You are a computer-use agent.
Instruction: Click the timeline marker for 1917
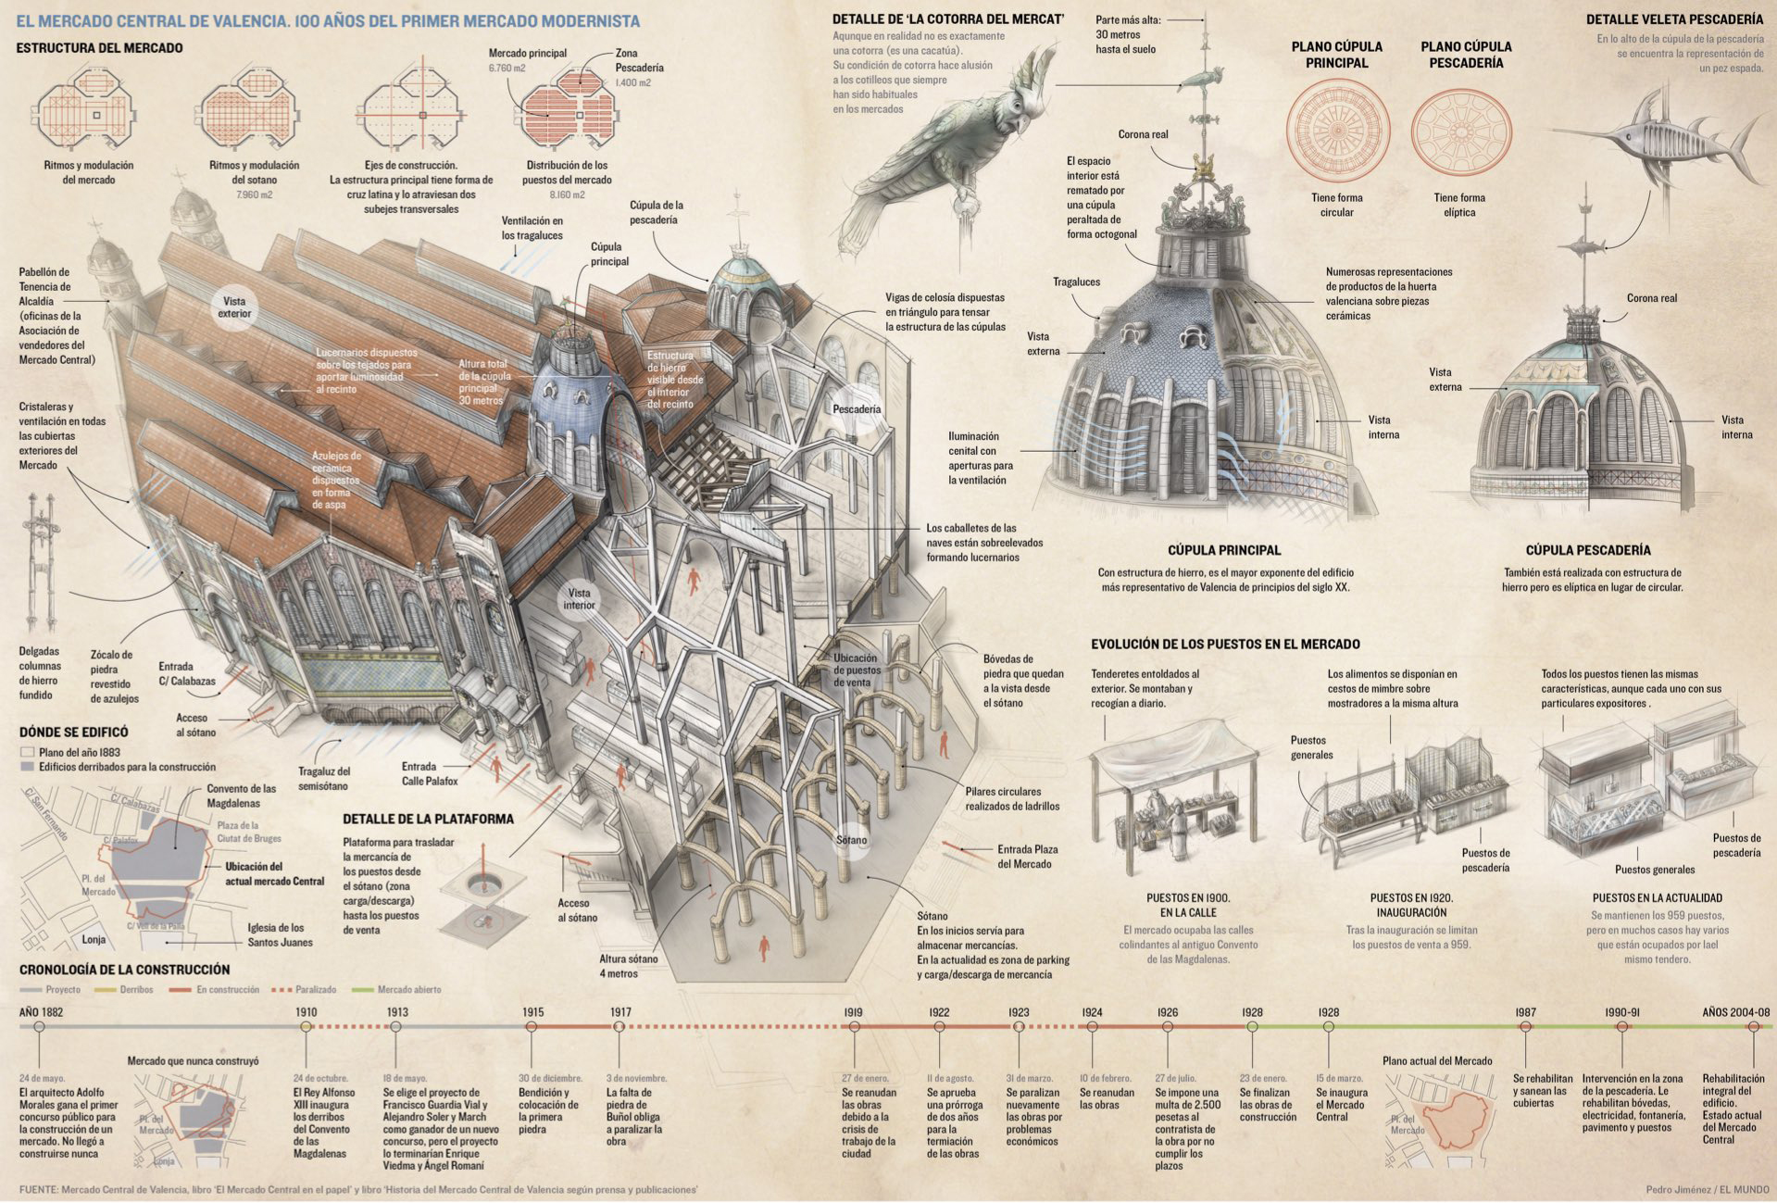(620, 1027)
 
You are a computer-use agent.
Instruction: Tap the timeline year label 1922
(939, 1012)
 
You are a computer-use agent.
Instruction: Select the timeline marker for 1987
(1526, 1027)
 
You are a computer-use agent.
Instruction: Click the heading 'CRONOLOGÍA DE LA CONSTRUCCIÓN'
(124, 970)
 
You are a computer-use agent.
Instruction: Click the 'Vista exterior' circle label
(234, 307)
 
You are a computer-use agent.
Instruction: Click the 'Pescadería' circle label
(857, 409)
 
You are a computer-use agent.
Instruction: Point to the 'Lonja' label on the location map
(94, 939)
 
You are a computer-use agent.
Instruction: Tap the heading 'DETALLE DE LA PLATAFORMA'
(428, 819)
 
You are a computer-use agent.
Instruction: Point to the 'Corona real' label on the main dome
(1143, 134)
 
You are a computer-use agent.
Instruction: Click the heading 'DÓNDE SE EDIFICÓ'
(74, 732)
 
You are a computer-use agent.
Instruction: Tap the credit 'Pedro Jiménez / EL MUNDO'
(1708, 1190)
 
